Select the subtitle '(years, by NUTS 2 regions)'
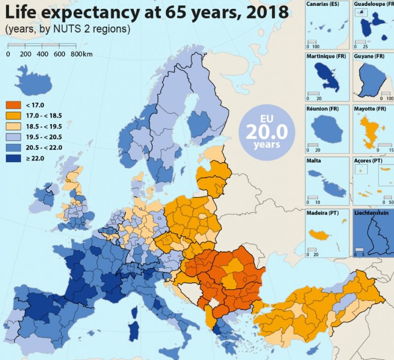[67, 29]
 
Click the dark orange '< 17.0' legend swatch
[12, 105]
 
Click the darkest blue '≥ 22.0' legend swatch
[12, 157]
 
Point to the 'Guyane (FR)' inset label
[369, 57]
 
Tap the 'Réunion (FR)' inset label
[325, 108]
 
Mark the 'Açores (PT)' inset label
[370, 161]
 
